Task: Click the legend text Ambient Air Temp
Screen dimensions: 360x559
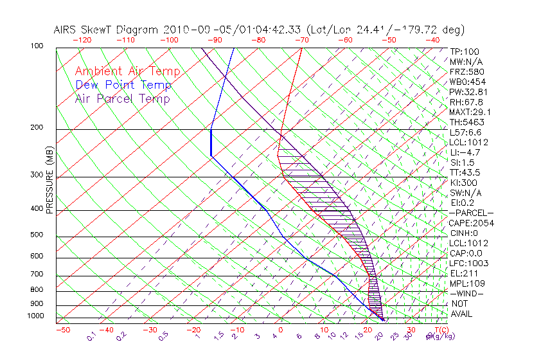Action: (127, 71)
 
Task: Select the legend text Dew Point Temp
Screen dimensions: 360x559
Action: (123, 85)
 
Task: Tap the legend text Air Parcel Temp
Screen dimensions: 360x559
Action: (122, 98)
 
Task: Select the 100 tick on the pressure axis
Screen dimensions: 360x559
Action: (37, 46)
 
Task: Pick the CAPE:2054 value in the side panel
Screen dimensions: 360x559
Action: (469, 223)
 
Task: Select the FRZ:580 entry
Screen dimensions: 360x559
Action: (465, 71)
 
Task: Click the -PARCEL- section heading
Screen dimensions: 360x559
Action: (471, 213)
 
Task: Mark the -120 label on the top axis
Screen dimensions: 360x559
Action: (82, 39)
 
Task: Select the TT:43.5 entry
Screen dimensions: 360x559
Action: (465, 172)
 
